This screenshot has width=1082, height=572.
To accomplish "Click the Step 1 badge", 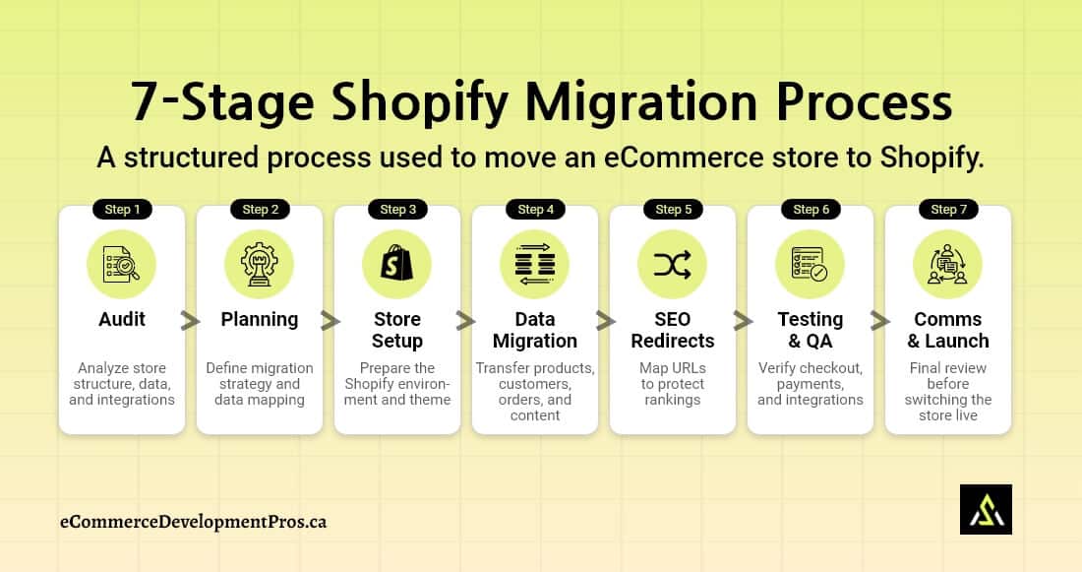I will coord(122,209).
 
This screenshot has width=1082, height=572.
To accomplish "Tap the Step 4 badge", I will coord(535,209).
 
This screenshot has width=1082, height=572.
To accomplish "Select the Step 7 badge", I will coord(948,209).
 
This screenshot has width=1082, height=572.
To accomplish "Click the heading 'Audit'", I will coord(122,319).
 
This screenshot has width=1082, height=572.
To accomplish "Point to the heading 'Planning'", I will coord(260,319).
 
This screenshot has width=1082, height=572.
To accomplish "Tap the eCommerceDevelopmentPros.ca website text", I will coord(193,521).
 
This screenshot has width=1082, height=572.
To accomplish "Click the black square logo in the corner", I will coord(986,509).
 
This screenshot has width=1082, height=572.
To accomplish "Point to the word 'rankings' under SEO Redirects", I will coord(673,400).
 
